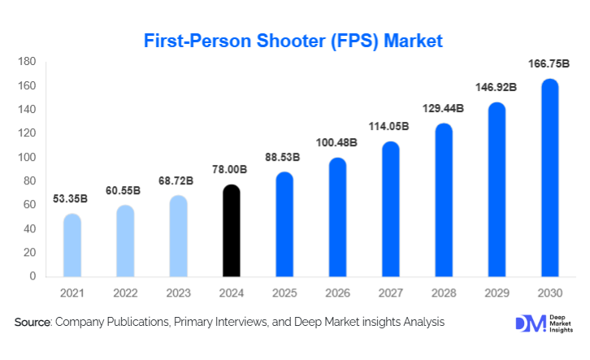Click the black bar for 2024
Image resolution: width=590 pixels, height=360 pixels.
[232, 231]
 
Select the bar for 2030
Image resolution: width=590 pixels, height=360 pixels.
[549, 178]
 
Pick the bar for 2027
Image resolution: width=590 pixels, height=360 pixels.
[391, 209]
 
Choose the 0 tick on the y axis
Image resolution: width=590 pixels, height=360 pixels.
[33, 276]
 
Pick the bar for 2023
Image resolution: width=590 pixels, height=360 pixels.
[179, 236]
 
